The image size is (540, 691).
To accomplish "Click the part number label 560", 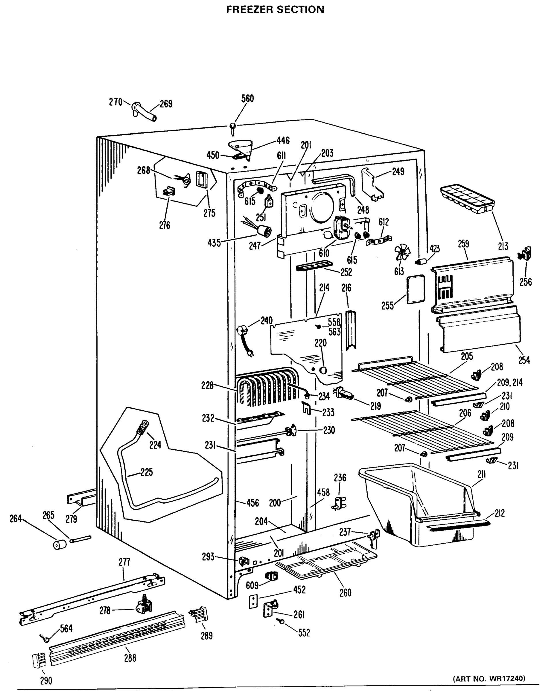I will pyautogui.click(x=247, y=99).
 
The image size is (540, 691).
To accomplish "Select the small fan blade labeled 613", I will pyautogui.click(x=403, y=253).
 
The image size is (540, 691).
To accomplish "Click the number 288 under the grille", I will pyautogui.click(x=130, y=658).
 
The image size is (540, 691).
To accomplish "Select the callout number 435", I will pyautogui.click(x=214, y=243).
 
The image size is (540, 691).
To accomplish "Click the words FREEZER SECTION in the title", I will pyautogui.click(x=275, y=10).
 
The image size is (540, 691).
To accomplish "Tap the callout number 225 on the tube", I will pyautogui.click(x=147, y=472).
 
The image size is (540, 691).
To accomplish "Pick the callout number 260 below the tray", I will pyautogui.click(x=345, y=593).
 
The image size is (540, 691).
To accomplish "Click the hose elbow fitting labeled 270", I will pyautogui.click(x=135, y=109).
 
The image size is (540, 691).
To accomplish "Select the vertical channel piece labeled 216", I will pyautogui.click(x=351, y=330).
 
